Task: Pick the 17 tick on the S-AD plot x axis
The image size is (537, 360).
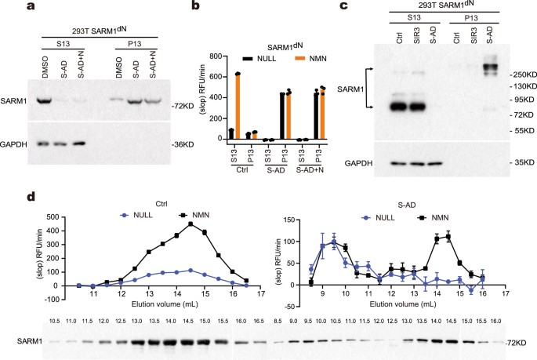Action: pos(506,296)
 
